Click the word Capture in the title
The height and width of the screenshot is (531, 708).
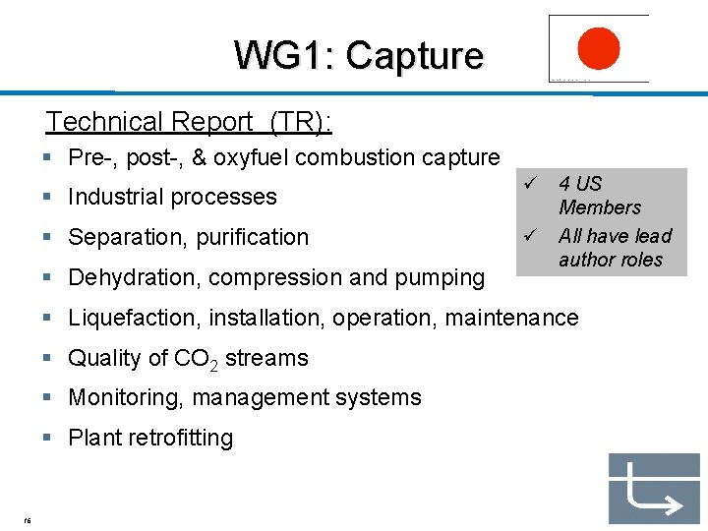click(x=414, y=55)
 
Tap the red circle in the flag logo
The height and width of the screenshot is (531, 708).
click(x=598, y=48)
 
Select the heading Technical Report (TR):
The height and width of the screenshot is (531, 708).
click(x=189, y=122)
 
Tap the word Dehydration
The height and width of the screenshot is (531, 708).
click(x=134, y=277)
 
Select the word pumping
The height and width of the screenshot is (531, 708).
click(x=442, y=278)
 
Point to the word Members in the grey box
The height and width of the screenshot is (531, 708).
click(x=599, y=207)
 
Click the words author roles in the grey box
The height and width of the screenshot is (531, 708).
click(x=611, y=260)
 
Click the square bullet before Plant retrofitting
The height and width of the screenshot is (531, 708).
click(x=47, y=438)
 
